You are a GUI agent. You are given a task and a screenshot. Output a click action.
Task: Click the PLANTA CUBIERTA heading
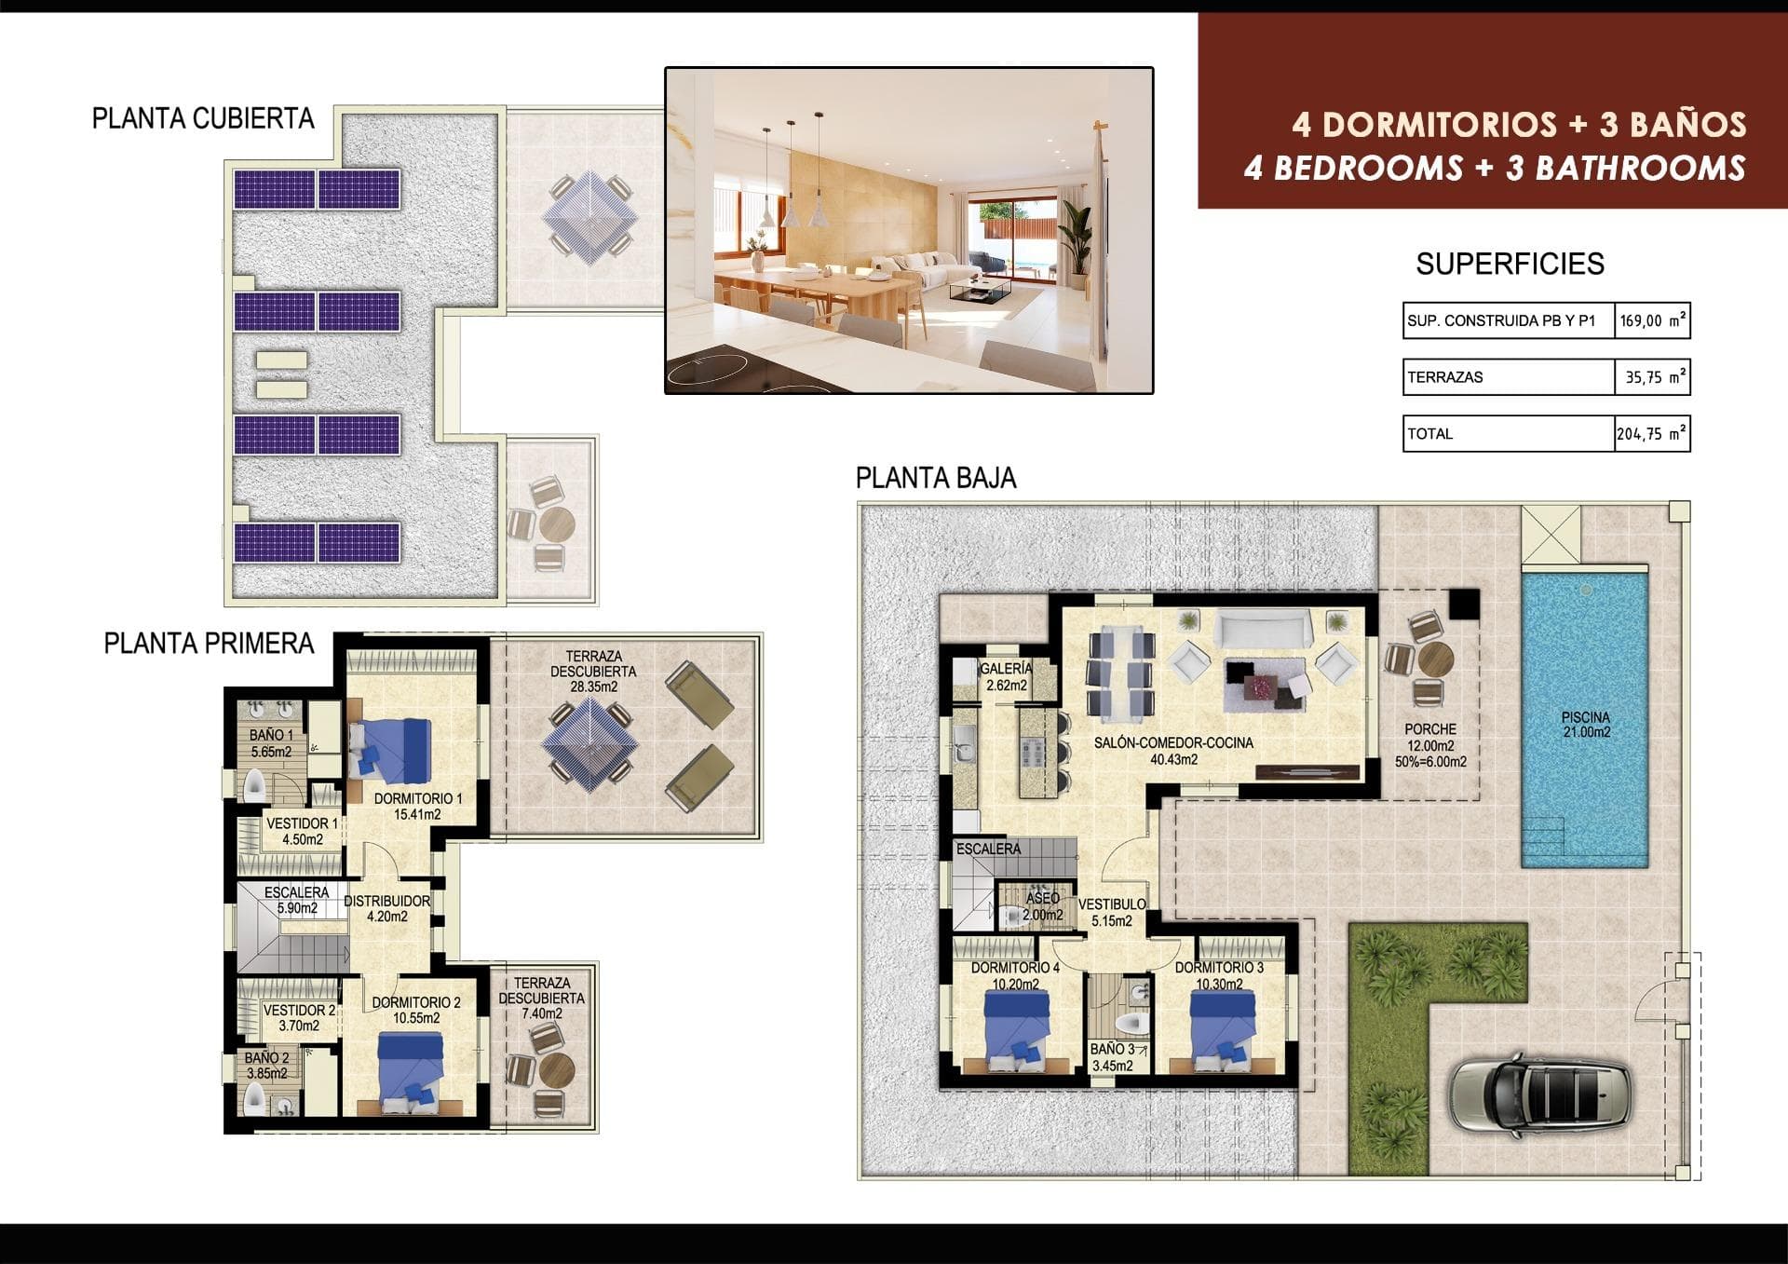pyautogui.click(x=203, y=119)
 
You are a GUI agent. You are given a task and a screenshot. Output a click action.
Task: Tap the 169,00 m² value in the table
pyautogui.click(x=1651, y=320)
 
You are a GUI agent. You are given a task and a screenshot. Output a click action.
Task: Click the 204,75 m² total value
pyautogui.click(x=1651, y=434)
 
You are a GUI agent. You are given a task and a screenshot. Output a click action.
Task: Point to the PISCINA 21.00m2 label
pyautogui.click(x=1585, y=725)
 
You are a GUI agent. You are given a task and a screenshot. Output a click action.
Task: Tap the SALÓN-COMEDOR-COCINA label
pyautogui.click(x=1172, y=751)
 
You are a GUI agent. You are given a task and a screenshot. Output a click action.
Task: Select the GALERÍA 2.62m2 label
pyautogui.click(x=1006, y=677)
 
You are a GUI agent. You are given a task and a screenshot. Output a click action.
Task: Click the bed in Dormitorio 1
pyautogui.click(x=391, y=749)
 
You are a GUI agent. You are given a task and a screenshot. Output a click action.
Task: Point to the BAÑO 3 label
pyautogui.click(x=1112, y=1057)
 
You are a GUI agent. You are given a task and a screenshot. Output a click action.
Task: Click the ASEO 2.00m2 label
pyautogui.click(x=1042, y=906)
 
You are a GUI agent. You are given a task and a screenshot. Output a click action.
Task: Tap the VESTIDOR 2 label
pyautogui.click(x=299, y=1017)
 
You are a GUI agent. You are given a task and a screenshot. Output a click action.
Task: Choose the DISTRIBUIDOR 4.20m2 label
pyautogui.click(x=386, y=908)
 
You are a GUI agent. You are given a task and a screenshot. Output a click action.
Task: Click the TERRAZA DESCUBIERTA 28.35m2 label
pyautogui.click(x=593, y=672)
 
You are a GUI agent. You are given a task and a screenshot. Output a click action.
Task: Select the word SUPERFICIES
pyautogui.click(x=1510, y=265)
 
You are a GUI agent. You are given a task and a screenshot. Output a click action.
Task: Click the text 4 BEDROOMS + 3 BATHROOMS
pyautogui.click(x=1494, y=169)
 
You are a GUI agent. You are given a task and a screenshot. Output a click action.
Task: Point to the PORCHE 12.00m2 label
pyautogui.click(x=1430, y=745)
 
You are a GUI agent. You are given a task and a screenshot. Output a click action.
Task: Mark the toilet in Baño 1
pyautogui.click(x=255, y=788)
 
